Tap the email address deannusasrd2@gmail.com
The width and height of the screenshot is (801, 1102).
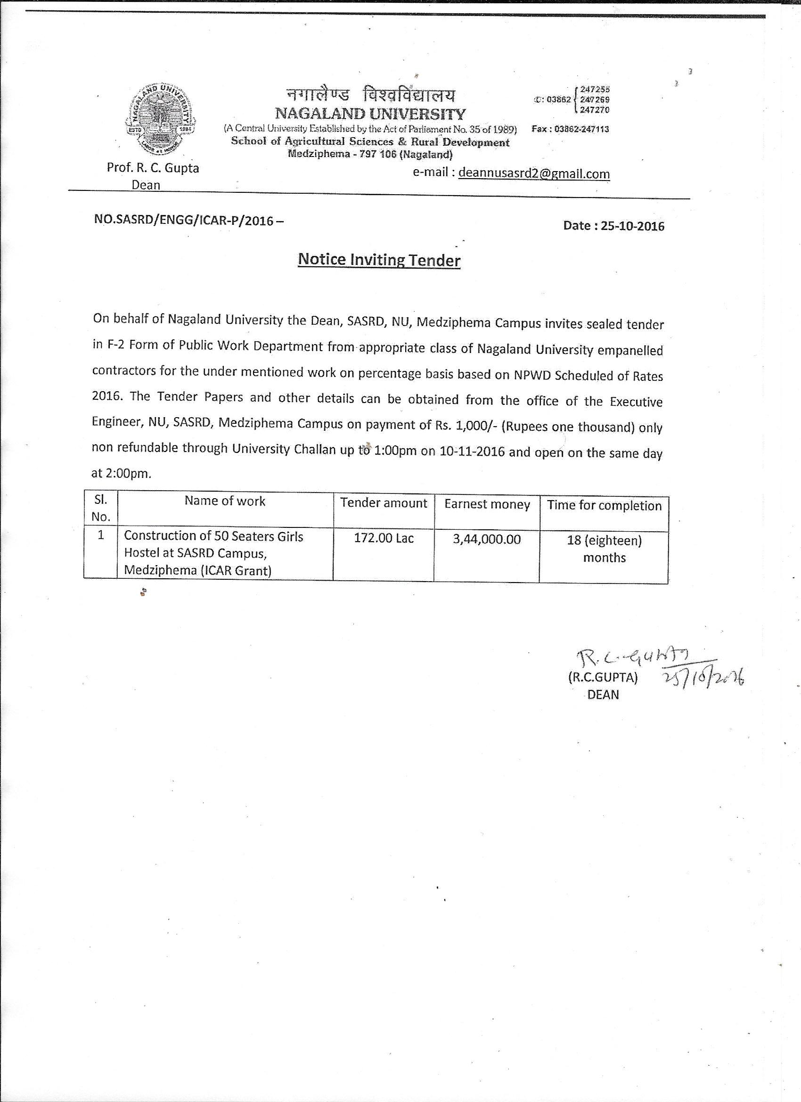(534, 173)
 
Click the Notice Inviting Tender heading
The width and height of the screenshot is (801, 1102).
(379, 260)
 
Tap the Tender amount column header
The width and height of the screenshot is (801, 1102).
(384, 503)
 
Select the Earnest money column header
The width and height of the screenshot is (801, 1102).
(487, 504)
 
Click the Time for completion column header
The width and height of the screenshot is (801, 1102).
(604, 506)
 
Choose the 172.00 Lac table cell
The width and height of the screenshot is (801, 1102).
(384, 538)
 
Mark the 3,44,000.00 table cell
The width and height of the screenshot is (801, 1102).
(487, 539)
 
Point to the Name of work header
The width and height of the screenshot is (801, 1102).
(225, 501)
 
